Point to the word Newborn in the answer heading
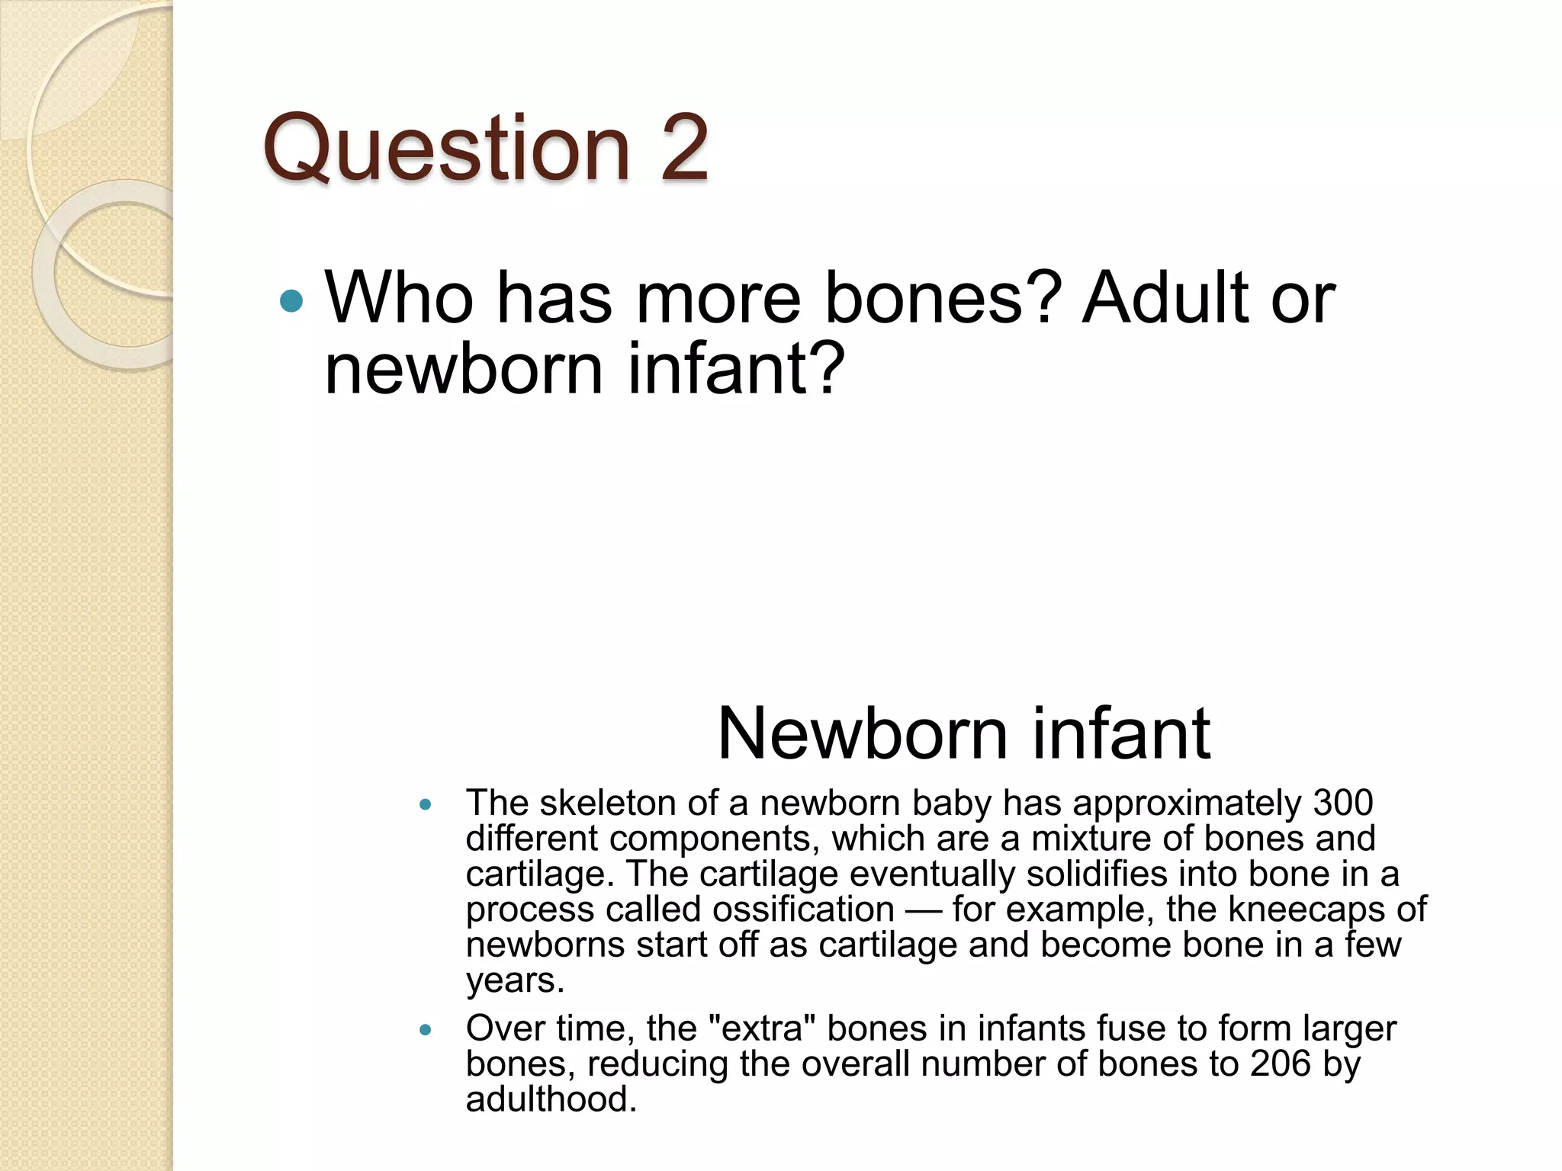(x=861, y=733)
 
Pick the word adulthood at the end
(x=551, y=1099)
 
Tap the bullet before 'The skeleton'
(x=426, y=804)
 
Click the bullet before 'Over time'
(x=426, y=1030)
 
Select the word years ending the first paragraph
(x=515, y=980)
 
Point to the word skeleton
(x=603, y=803)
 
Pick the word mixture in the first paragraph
(x=1091, y=839)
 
